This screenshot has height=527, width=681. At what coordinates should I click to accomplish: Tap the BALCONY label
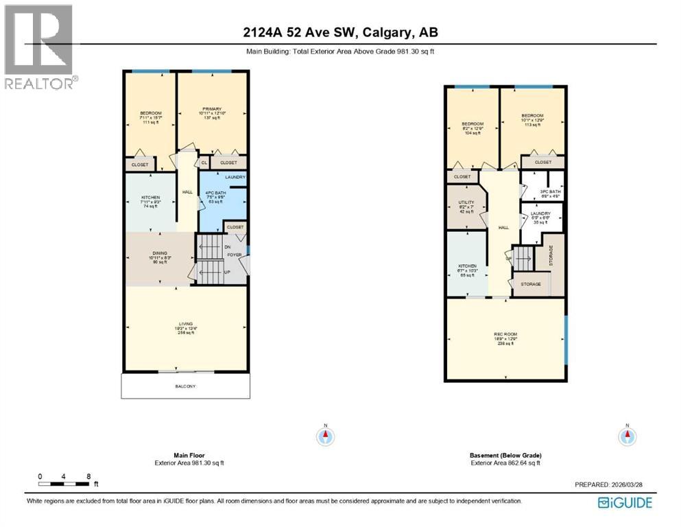[184, 386]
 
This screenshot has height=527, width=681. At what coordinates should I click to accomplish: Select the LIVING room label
[185, 323]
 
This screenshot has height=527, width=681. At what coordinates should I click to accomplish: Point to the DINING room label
[160, 253]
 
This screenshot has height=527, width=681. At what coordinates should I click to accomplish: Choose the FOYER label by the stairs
[235, 255]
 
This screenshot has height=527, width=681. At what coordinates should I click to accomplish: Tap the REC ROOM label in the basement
[505, 335]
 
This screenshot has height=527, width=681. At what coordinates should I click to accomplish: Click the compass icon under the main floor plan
[326, 435]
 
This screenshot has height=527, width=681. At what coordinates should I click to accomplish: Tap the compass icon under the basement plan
[627, 435]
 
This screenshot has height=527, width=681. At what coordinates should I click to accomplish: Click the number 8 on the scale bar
[89, 476]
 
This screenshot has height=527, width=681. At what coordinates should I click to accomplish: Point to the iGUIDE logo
[625, 503]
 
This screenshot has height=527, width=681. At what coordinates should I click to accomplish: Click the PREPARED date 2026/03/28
[626, 484]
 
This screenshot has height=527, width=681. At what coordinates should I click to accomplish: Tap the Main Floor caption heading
[189, 455]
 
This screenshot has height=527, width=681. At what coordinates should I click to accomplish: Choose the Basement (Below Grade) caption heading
[505, 455]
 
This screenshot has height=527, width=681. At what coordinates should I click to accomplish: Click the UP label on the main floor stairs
[227, 272]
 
